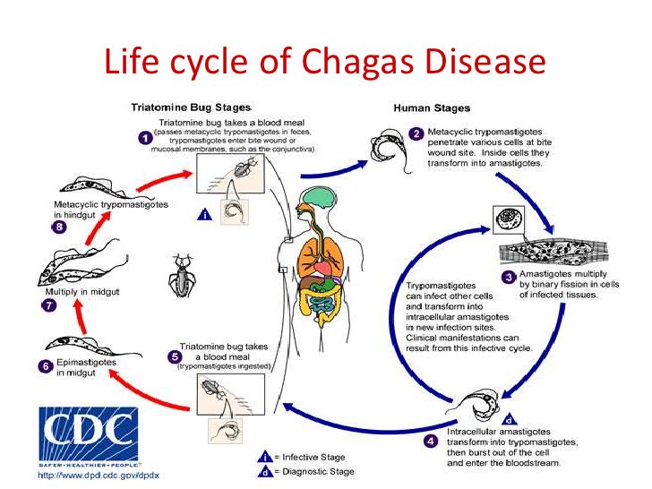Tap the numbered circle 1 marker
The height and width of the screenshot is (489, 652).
point(144,139)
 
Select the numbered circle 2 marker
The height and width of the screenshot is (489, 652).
point(416,133)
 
